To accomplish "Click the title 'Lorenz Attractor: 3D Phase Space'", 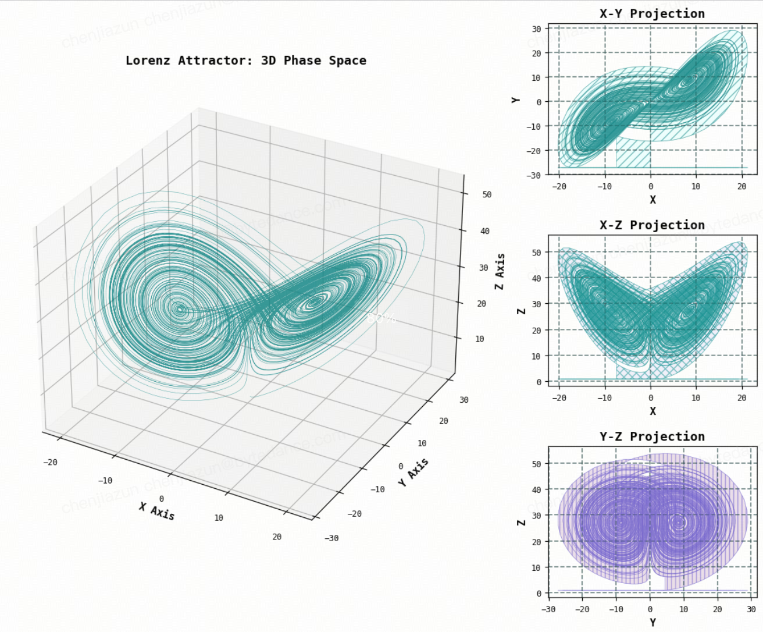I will (245, 61).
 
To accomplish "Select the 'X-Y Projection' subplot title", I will (652, 13).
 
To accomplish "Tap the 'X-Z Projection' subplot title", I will (652, 225).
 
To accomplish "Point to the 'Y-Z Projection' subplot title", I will (652, 436).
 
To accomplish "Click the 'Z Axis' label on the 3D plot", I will (500, 271).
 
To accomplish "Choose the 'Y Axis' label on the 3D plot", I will (413, 471).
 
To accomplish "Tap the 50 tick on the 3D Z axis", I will (487, 194).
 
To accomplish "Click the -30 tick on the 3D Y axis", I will (331, 538).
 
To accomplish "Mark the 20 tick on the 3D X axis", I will (277, 537).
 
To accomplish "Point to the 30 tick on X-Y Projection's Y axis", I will (536, 29).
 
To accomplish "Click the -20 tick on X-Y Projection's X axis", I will (559, 186).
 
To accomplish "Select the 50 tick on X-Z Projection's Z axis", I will (536, 253).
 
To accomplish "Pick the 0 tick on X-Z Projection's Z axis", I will (539, 382).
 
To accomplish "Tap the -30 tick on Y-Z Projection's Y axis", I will (548, 609).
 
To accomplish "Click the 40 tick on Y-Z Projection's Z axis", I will (536, 489).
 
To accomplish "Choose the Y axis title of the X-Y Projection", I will (516, 100).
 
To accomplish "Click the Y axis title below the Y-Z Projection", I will (653, 623).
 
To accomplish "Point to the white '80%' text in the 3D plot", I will (381, 318).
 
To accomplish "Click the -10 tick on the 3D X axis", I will (105, 481).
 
